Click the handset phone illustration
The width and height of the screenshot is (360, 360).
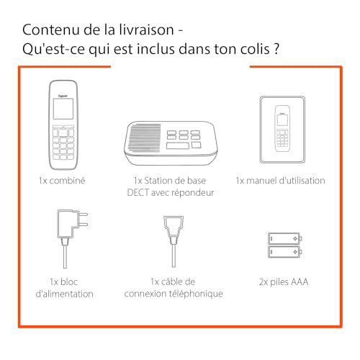[63, 123]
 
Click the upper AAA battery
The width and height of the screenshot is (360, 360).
[285, 238]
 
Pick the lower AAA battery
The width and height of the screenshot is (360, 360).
[285, 253]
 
